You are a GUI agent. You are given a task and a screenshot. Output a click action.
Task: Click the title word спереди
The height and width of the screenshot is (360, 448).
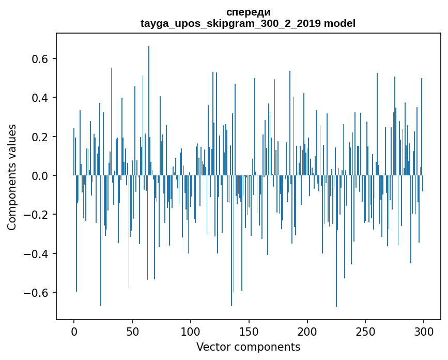point(248,12)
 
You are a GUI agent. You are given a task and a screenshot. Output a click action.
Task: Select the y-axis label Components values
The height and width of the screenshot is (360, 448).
point(12,177)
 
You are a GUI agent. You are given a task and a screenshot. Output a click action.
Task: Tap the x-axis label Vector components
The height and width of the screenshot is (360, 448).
point(248,347)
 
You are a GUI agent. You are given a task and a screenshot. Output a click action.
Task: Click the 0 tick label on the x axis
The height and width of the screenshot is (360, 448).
point(74,331)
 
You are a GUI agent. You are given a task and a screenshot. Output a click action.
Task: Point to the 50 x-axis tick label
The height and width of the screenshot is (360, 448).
point(132,331)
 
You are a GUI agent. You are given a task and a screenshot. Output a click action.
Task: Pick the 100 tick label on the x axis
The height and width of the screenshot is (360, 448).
point(191,331)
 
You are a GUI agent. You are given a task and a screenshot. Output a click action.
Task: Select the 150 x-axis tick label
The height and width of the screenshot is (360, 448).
point(249,331)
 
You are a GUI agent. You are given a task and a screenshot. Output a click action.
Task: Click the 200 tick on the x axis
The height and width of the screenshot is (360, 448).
point(307,331)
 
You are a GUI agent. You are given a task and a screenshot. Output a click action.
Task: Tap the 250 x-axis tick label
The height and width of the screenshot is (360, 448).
point(366,331)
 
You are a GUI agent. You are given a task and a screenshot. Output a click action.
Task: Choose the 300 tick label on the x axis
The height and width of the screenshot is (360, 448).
point(424,331)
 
